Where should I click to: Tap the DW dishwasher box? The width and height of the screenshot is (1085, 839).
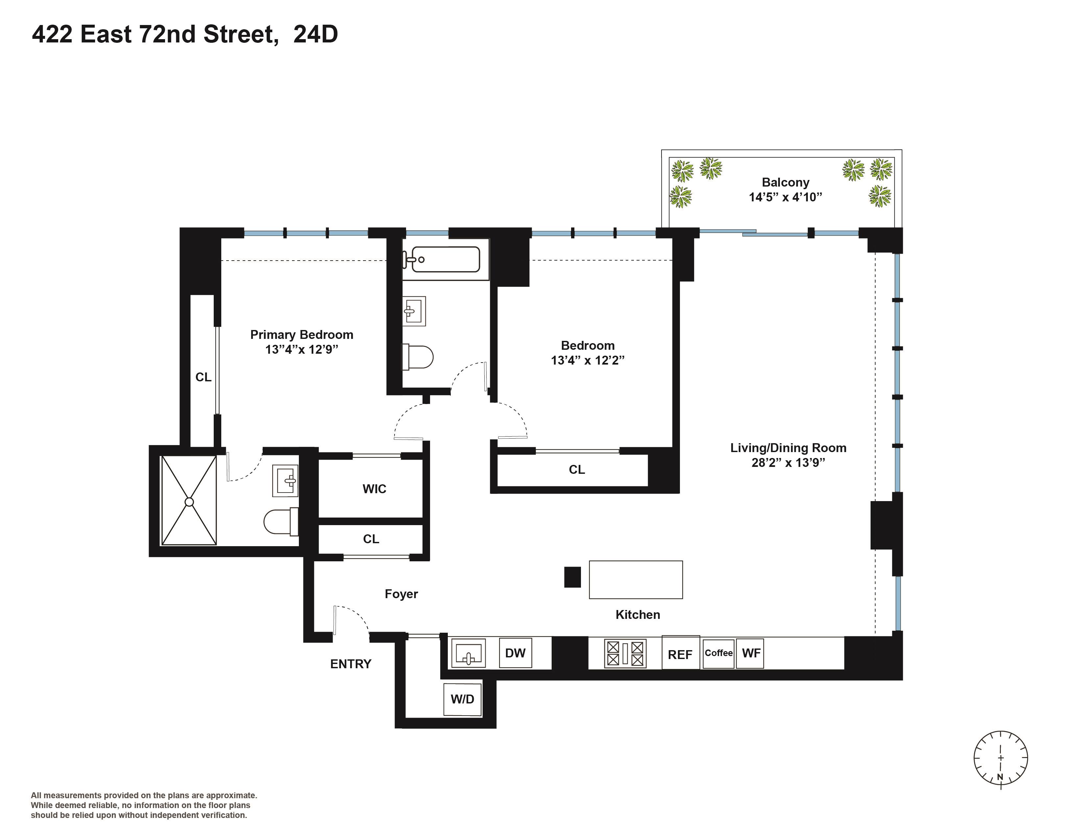click(515, 653)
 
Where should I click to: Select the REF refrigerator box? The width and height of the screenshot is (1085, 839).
click(680, 654)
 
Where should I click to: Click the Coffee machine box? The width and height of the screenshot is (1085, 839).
click(718, 653)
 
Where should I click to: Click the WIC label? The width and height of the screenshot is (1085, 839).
click(374, 489)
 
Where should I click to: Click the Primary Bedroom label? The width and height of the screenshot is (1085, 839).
click(301, 335)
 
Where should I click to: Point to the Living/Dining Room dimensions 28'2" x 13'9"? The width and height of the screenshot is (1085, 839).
click(788, 463)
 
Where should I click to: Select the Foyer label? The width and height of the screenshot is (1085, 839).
click(401, 594)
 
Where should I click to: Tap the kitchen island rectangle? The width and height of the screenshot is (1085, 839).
click(636, 579)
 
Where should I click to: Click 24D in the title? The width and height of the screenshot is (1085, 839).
click(315, 34)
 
